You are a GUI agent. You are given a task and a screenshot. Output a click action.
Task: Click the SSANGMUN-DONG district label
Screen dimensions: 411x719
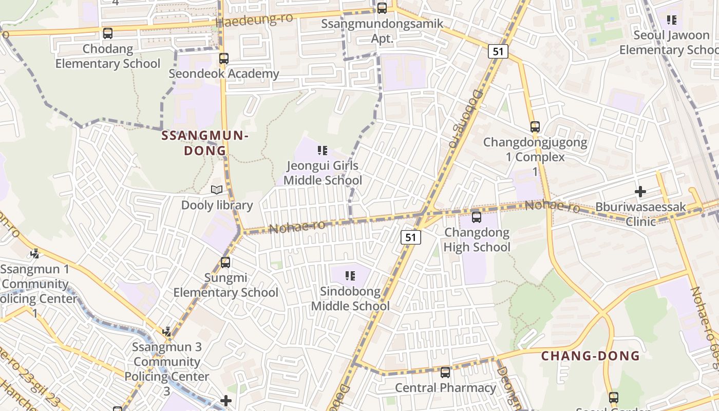tap(205, 143)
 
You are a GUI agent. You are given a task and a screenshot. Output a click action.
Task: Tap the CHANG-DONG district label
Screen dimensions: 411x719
tap(591, 356)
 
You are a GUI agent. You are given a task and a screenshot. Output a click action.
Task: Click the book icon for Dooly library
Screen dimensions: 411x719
tap(217, 190)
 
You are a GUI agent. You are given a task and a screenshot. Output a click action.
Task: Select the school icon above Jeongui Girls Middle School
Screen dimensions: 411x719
tap(323, 151)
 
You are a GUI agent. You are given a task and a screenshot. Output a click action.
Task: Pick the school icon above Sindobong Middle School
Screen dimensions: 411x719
tap(350, 276)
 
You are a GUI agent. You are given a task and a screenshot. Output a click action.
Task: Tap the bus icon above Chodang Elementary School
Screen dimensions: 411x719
tap(107, 33)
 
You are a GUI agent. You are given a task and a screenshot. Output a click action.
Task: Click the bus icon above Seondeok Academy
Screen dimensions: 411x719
tap(223, 59)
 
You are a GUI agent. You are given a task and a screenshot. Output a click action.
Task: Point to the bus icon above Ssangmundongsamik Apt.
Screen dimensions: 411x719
tap(382, 8)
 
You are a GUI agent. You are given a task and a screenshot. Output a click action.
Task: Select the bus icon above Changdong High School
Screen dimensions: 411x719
tap(477, 217)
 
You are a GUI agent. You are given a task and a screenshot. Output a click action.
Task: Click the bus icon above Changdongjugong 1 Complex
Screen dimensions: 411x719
tap(535, 127)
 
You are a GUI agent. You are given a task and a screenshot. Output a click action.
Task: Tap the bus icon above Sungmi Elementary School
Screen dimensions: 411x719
tap(225, 263)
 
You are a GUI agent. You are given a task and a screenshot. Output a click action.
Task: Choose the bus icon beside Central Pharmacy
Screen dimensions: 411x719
tap(445, 372)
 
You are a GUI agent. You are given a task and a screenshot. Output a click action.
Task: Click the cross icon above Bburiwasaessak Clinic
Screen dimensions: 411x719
tap(640, 192)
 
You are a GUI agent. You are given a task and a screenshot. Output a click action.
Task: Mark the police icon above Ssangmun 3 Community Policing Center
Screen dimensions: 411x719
tap(167, 332)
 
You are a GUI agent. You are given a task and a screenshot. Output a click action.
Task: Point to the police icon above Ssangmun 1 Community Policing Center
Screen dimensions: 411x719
tap(35, 253)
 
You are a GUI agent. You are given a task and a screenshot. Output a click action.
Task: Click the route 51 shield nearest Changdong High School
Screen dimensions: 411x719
tap(411, 237)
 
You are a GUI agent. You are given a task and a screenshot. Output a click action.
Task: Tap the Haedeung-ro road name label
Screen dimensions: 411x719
tap(254, 20)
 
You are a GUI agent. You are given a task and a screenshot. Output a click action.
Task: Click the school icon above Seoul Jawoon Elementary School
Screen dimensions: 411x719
tap(671, 20)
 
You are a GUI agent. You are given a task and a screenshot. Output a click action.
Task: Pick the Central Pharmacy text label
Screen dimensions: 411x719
tap(445, 387)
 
